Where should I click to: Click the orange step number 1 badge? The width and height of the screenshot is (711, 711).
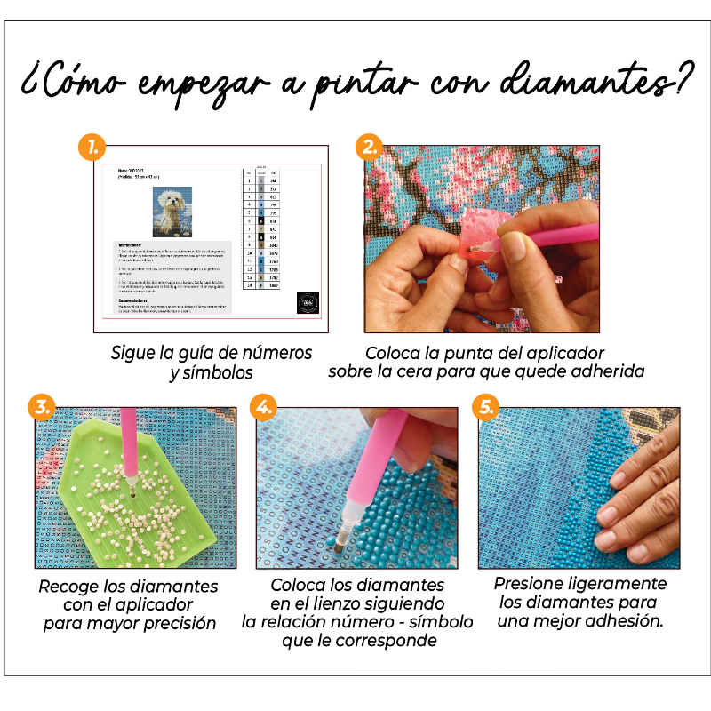tap(92, 148)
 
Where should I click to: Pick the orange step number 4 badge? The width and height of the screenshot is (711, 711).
tap(262, 407)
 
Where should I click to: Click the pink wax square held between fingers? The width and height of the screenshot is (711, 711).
tap(475, 235)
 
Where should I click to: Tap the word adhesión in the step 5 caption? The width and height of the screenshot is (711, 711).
tap(623, 620)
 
